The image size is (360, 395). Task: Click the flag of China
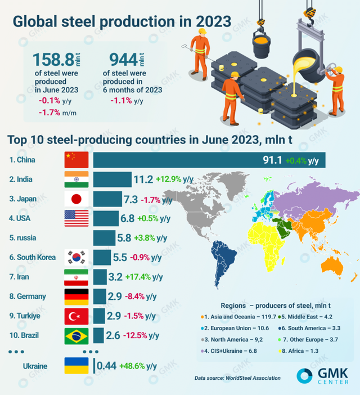(x=76, y=160)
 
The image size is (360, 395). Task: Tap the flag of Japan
(x=76, y=199)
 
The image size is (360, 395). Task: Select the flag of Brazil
(x=76, y=336)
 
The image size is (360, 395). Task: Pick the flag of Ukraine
(x=76, y=366)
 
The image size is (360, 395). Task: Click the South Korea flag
(x=76, y=257)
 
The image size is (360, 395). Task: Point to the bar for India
(x=111, y=179)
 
